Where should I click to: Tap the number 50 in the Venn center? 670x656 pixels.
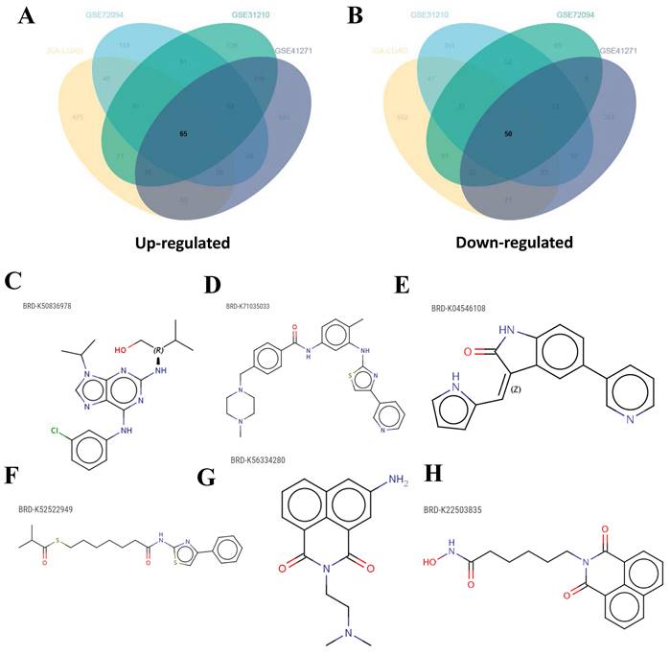(510, 135)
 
